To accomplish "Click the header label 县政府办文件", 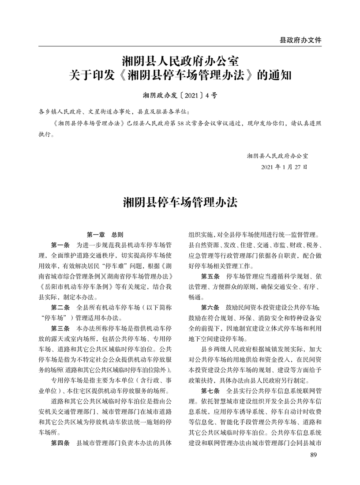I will (300, 40).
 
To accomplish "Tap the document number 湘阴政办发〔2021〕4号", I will (180, 95).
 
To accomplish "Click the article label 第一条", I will (60, 245).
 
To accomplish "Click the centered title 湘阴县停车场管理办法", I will (180, 203).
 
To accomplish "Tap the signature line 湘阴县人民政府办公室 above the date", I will (277, 156).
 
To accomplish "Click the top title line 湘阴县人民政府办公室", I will (180, 60).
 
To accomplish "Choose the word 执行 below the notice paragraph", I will (45, 135).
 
